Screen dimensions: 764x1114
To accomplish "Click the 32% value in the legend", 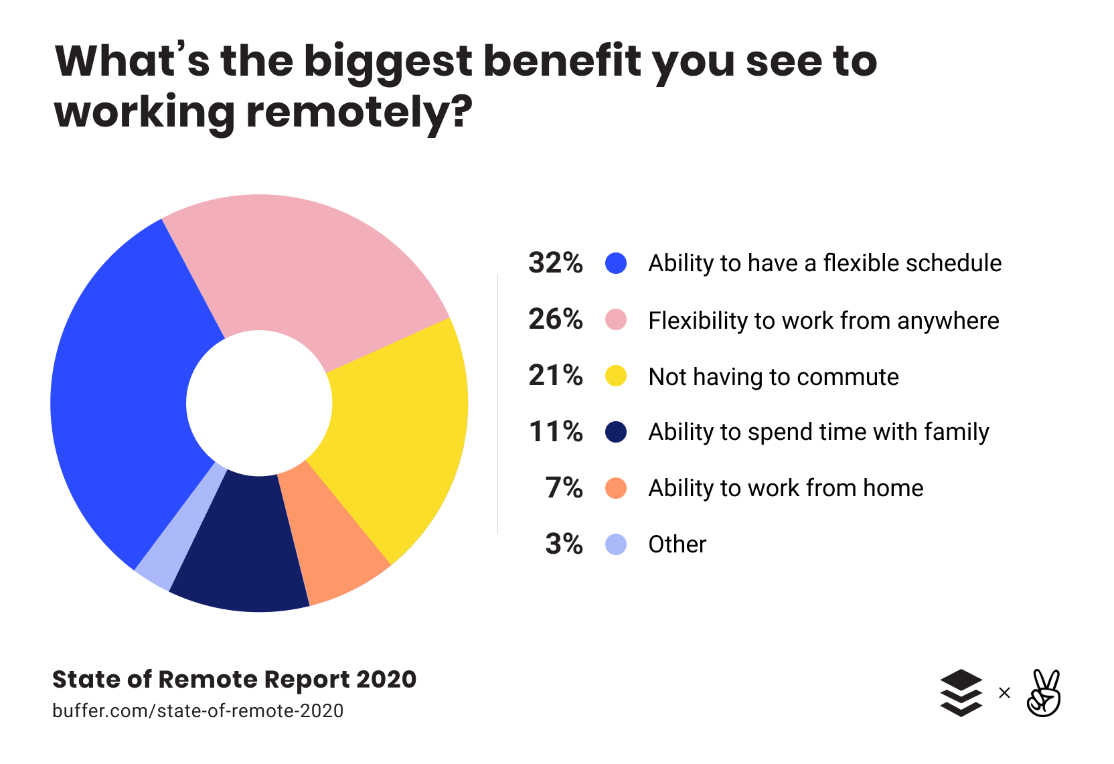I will [x=555, y=263].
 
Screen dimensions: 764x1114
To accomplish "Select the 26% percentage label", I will [x=555, y=319].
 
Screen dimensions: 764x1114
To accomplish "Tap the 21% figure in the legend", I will [x=555, y=376].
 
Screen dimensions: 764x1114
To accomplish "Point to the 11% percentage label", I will [x=555, y=432].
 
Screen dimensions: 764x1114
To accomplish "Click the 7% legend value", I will [x=564, y=488].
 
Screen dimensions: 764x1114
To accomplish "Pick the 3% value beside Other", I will [x=564, y=544].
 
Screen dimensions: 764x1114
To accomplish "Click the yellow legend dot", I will [x=616, y=376].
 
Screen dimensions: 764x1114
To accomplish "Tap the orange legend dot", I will [x=616, y=488].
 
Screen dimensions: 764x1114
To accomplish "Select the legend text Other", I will [x=677, y=544].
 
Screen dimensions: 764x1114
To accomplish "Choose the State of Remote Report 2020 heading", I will [x=234, y=680].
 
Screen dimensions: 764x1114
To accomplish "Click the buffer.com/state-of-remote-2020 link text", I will [x=197, y=710].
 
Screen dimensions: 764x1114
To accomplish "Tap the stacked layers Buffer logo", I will [x=961, y=693].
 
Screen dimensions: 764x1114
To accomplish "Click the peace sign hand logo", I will [x=1044, y=693].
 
